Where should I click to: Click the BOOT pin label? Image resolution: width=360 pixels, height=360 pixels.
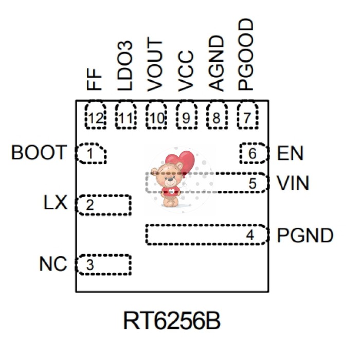point(39,153)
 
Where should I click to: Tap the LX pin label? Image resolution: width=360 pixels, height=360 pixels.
point(56,203)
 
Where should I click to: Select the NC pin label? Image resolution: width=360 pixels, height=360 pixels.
point(53,264)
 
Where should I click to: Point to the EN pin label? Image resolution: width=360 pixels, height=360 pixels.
point(290,153)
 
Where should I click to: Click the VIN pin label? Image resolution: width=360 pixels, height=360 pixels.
point(293,183)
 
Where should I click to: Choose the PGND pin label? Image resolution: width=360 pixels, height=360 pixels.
point(305,236)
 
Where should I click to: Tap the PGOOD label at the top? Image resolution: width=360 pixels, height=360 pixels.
point(247,55)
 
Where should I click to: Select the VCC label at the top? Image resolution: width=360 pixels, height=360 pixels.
point(186,70)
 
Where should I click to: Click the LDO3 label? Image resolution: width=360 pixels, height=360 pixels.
point(125,67)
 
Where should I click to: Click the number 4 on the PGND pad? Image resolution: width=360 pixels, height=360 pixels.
point(250,236)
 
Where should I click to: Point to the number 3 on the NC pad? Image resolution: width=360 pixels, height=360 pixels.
point(90,265)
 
